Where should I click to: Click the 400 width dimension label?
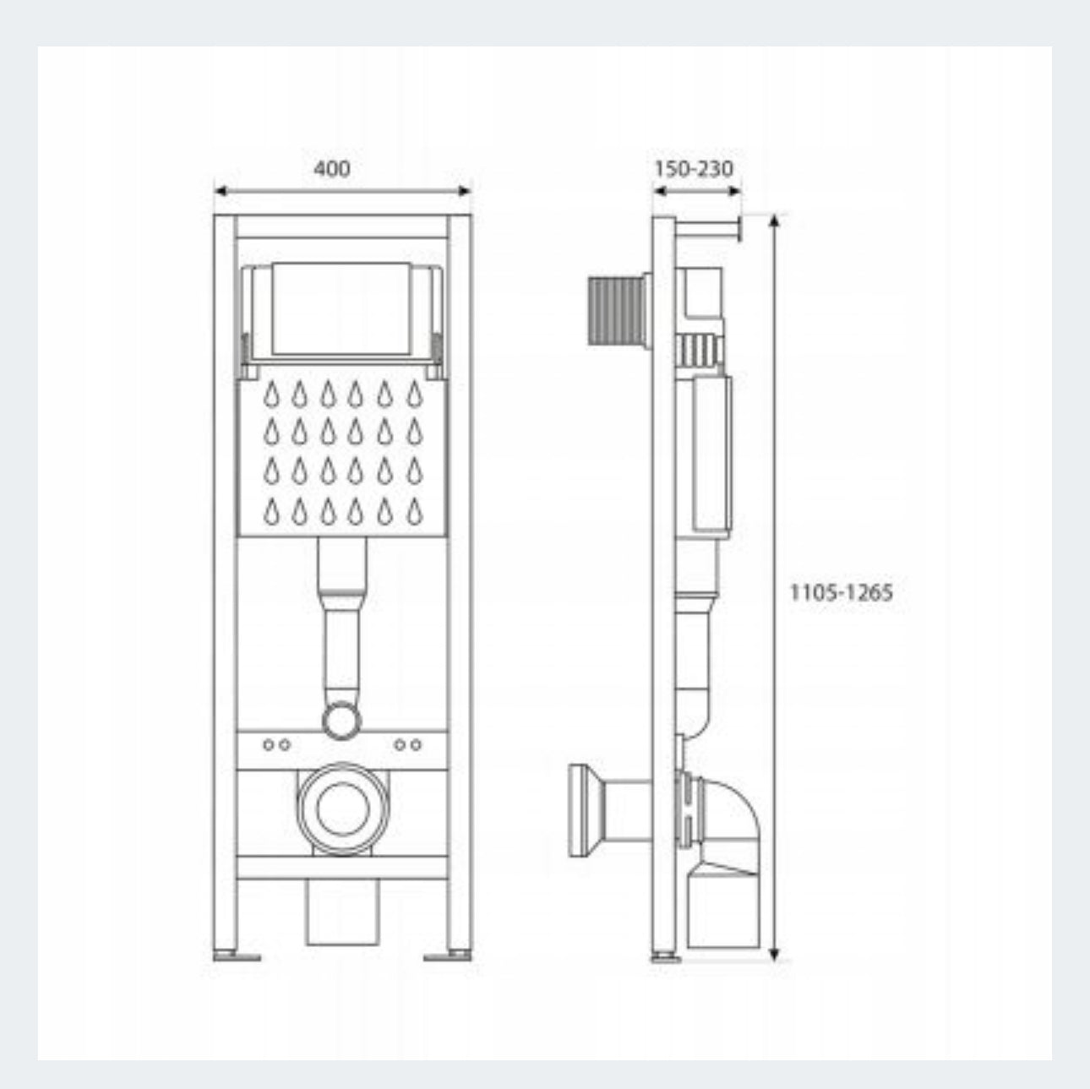tap(331, 169)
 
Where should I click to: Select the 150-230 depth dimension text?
tap(693, 169)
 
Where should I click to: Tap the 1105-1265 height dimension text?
tap(841, 592)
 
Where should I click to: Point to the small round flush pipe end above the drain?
tap(341, 721)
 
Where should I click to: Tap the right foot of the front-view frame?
tap(448, 956)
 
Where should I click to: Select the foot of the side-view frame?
tap(664, 957)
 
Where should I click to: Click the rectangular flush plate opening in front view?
tap(341, 308)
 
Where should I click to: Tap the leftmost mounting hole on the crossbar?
tap(269, 744)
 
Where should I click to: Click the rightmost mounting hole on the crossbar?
tap(416, 744)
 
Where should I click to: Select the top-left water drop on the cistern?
tap(271, 394)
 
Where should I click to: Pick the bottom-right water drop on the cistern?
tap(414, 509)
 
